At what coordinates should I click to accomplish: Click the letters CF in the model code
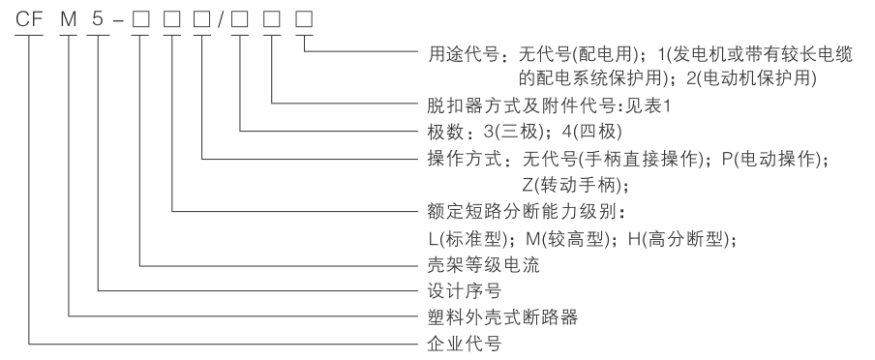tap(28, 18)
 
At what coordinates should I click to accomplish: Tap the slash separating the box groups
tap(223, 18)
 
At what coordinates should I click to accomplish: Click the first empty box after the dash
tap(141, 18)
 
